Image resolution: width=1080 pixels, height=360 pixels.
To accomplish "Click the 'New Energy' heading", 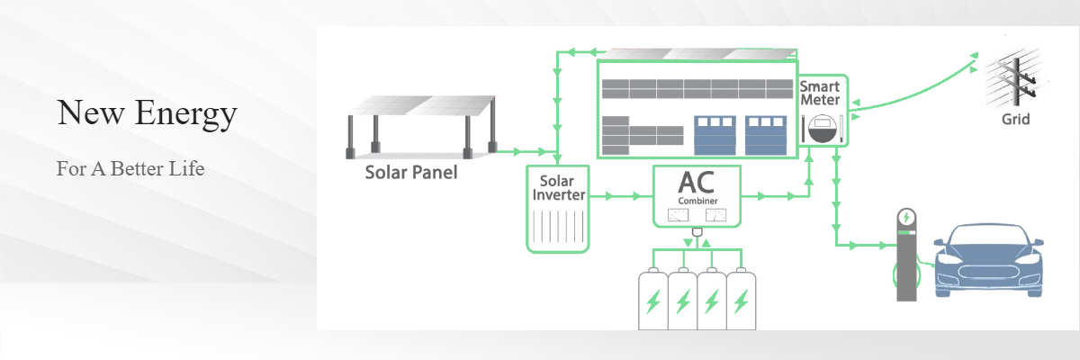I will click(x=147, y=113).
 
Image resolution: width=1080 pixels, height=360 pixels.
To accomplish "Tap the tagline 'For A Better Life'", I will click(x=130, y=168).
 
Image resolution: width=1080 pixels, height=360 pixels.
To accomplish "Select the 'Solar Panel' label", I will click(x=410, y=172).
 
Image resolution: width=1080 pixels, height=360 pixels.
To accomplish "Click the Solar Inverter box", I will click(x=557, y=207).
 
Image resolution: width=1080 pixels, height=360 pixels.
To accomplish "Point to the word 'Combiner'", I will click(x=697, y=201).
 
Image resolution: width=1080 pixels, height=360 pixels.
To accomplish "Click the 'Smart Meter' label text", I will click(x=820, y=94).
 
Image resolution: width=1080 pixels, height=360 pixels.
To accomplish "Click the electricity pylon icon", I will click(x=1012, y=79).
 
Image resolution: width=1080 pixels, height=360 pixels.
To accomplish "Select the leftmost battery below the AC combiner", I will click(x=652, y=300).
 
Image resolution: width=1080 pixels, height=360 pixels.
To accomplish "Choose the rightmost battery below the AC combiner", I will click(x=741, y=300).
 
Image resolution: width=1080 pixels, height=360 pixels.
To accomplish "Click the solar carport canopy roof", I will click(x=423, y=104).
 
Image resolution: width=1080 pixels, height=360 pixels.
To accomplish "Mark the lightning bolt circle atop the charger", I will click(x=907, y=217).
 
